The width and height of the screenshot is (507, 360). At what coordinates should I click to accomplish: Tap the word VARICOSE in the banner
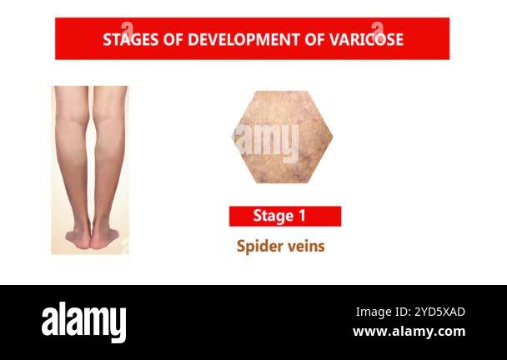[367, 39]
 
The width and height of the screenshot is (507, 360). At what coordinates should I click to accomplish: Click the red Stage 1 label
[284, 217]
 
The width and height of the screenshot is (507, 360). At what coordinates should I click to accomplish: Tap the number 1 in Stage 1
[301, 217]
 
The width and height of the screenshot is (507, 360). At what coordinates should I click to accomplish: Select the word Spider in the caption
[258, 246]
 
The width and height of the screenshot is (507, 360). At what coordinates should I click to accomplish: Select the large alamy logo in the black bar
[84, 322]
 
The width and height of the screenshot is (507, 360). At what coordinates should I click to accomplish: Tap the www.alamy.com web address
[409, 331]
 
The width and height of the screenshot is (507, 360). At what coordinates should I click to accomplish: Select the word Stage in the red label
[273, 217]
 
